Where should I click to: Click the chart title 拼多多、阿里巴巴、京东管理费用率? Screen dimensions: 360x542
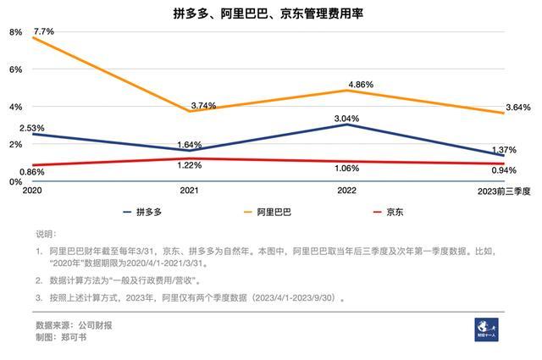coord(272,14)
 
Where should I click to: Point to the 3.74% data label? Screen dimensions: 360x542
coord(203,106)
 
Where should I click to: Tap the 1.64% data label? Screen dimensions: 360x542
coord(190,144)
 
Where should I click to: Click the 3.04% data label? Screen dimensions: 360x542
coord(349,119)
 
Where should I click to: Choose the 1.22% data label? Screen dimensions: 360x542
coord(191,166)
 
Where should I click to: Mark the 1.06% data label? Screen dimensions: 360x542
coord(347,168)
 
